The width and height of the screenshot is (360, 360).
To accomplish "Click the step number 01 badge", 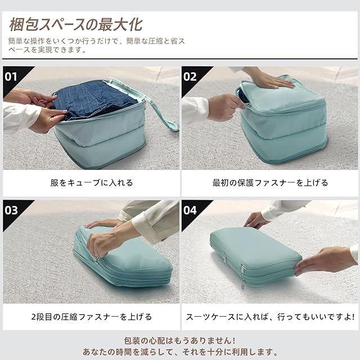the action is tap(11, 76).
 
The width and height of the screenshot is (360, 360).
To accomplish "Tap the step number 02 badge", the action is tap(190, 76).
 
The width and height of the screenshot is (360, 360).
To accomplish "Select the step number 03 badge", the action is tap(11, 210).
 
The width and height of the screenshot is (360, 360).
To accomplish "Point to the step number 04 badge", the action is tap(190, 210).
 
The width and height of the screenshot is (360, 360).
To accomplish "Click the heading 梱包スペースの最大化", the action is tap(76, 25).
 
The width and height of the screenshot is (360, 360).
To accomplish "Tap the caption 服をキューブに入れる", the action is tap(92, 183).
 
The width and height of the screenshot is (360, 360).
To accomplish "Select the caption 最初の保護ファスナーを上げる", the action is tap(270, 183).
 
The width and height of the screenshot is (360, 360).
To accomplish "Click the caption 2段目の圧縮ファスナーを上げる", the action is tap(92, 317).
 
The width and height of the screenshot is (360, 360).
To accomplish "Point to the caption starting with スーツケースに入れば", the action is tap(270, 317).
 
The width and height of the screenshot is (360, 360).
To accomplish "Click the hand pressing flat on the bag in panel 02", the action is tap(270, 79).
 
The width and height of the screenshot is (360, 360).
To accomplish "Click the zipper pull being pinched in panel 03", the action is tap(96, 260).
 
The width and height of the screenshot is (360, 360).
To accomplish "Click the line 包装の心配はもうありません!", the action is tap(180, 341).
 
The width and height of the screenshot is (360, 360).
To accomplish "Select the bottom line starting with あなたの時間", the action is tap(180, 352).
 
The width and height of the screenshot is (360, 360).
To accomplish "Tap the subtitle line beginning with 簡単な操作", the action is tap(96, 46).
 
